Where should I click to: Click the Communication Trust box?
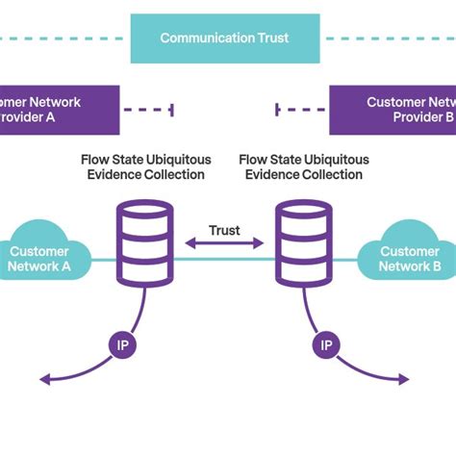(224, 38)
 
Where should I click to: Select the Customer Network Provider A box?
(58, 110)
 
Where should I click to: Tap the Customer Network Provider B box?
(394, 110)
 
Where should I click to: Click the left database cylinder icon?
(144, 241)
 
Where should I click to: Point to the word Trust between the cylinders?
(224, 230)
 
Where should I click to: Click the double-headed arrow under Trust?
(224, 245)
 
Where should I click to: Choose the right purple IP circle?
(326, 343)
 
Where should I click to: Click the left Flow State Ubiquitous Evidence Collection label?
(144, 166)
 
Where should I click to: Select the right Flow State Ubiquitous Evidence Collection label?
(304, 166)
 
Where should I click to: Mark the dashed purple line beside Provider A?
(149, 110)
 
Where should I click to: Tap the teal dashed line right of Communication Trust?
(385, 38)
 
